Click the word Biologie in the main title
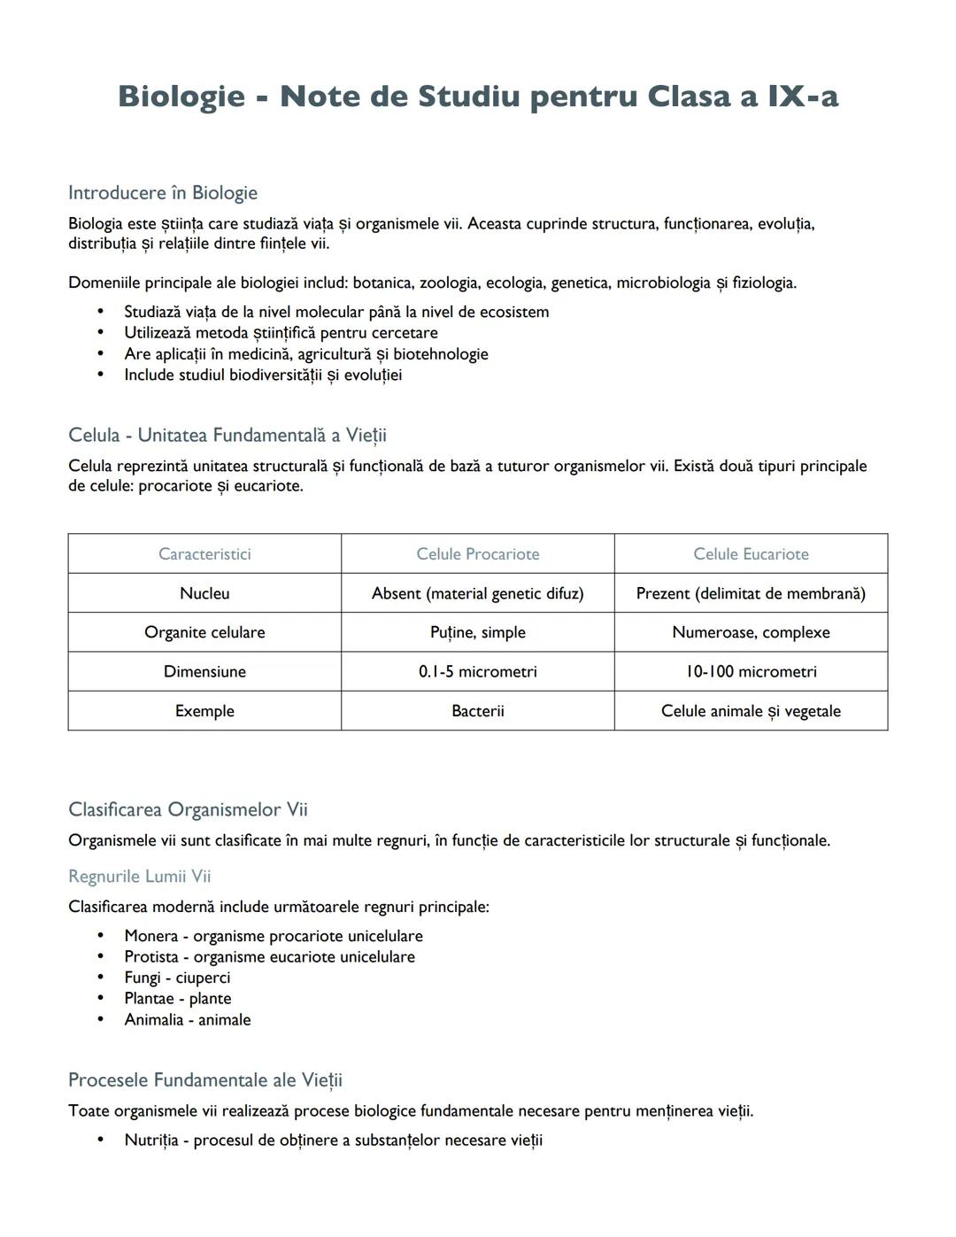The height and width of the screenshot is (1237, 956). click(x=181, y=96)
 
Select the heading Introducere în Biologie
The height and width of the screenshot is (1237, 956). click(x=163, y=193)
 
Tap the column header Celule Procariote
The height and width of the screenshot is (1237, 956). click(x=477, y=554)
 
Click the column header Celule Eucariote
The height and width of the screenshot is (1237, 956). click(x=751, y=554)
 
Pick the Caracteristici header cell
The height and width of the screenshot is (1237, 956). click(x=204, y=554)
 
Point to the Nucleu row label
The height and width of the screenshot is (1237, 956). click(x=204, y=593)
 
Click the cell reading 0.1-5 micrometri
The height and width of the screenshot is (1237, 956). click(x=477, y=672)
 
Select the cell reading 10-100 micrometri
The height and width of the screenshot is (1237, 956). click(x=751, y=672)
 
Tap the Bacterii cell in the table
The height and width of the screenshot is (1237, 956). click(x=477, y=711)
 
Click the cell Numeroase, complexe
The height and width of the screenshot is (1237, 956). click(x=751, y=632)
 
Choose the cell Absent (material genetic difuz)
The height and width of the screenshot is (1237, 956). click(x=477, y=593)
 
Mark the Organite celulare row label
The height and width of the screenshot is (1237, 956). click(x=204, y=632)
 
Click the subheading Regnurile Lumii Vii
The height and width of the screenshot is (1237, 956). click(x=139, y=877)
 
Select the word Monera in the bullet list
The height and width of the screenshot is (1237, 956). click(x=150, y=936)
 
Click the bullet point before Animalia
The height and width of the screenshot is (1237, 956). click(x=101, y=1020)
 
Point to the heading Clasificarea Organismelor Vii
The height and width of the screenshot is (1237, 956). click(x=188, y=810)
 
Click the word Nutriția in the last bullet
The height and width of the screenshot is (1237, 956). click(x=150, y=1140)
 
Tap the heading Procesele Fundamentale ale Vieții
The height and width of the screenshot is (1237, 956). click(x=204, y=1080)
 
